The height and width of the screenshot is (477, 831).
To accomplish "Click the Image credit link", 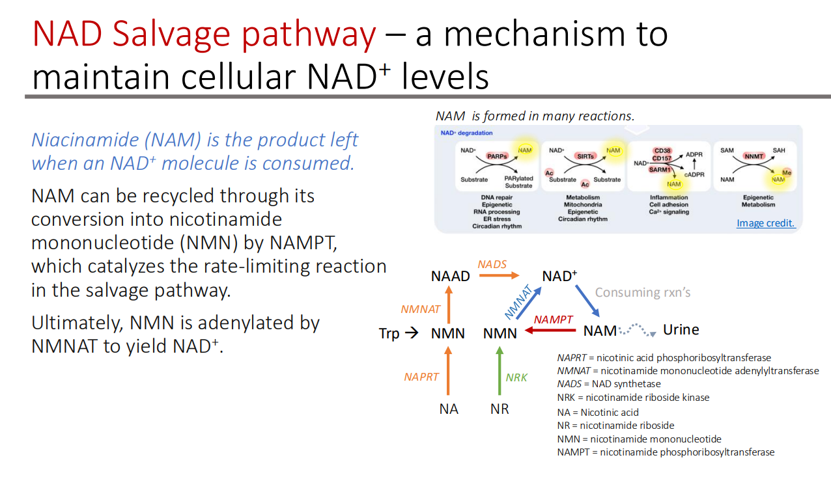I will (765, 223).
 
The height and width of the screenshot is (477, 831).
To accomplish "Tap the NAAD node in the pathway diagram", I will (450, 276).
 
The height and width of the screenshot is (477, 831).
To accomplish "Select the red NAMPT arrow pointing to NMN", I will (550, 331).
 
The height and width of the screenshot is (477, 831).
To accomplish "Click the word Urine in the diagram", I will (681, 330).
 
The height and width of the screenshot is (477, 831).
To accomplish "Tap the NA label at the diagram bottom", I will (448, 409).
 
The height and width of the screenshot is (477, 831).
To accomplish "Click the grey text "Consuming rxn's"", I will (642, 293).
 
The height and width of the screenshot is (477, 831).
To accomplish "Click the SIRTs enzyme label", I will (585, 156).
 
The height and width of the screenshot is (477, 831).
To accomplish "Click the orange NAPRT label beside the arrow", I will (421, 377).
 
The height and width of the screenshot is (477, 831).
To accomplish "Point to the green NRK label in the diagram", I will (516, 377).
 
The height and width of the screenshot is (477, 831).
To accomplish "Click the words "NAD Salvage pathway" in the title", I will (204, 34).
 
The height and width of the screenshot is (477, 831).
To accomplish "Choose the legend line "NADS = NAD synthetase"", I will (608, 384).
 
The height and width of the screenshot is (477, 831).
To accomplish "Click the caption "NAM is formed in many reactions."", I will (535, 116).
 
